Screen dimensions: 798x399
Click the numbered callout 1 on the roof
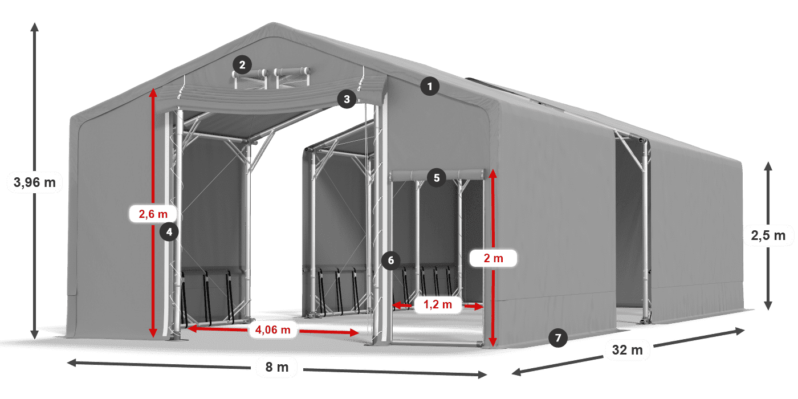(430, 86)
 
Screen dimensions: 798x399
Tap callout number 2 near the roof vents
(242, 65)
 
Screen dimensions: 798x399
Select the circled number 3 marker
(347, 99)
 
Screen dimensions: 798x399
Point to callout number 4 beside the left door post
(169, 232)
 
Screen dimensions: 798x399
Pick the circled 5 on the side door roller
(437, 178)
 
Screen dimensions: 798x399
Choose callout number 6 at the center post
(391, 260)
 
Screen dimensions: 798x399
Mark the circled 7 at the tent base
(558, 337)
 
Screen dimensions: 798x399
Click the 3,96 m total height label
(35, 182)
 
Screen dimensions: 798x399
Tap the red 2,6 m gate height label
(153, 214)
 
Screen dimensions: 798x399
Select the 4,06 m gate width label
(273, 330)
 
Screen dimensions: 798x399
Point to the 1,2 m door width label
(438, 304)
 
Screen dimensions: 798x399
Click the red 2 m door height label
(494, 258)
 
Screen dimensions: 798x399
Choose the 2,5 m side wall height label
(768, 235)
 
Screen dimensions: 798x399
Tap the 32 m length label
(628, 350)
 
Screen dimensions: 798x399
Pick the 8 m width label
(277, 367)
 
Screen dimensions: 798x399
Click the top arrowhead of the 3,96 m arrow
(35, 26)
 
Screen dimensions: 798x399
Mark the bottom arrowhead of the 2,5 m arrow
(768, 306)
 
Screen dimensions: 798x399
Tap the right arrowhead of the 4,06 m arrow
(354, 333)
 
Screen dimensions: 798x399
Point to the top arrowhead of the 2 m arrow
(492, 174)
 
